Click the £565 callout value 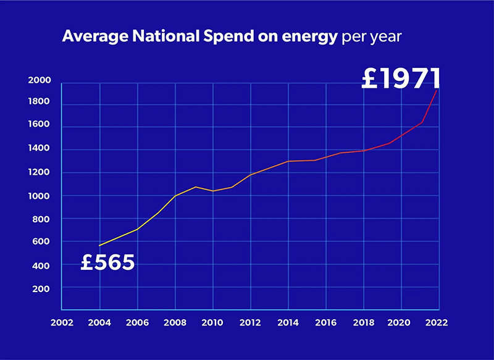click(x=108, y=262)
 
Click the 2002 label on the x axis click(x=62, y=322)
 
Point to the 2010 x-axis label click(x=212, y=322)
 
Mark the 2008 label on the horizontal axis click(x=175, y=322)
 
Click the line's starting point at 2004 click(x=99, y=246)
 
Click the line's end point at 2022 click(x=438, y=90)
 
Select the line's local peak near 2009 click(x=195, y=186)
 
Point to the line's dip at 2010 click(x=213, y=191)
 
